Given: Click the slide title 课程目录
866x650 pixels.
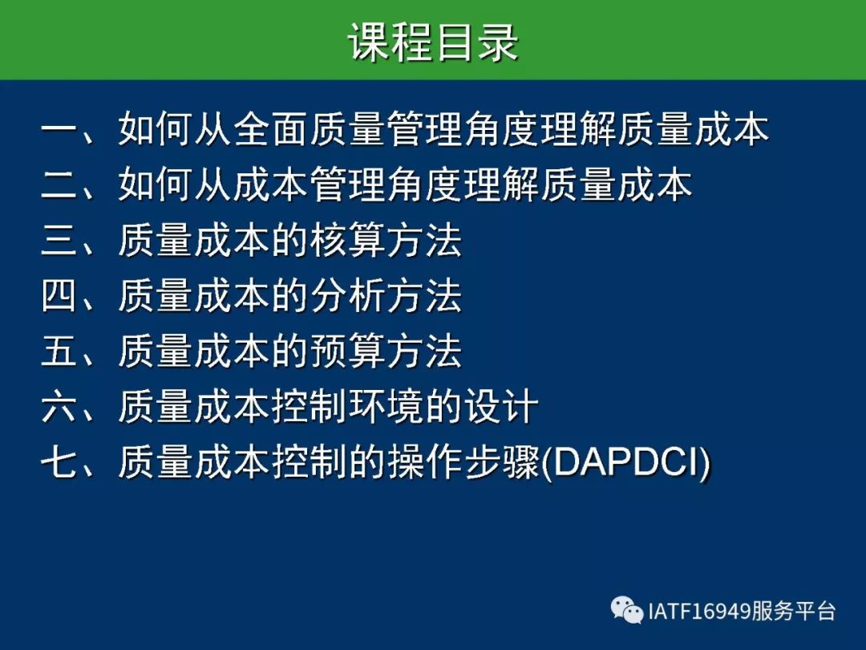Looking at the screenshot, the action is coord(433,42).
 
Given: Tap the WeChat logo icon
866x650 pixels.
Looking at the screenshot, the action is coord(627,610).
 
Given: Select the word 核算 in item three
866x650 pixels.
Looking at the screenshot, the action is coord(347,241).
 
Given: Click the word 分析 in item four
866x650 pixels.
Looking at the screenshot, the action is coord(347,295).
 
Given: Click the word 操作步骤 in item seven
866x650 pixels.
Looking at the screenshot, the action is coord(463,461).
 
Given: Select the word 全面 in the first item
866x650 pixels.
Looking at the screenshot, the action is coord(271,130).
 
